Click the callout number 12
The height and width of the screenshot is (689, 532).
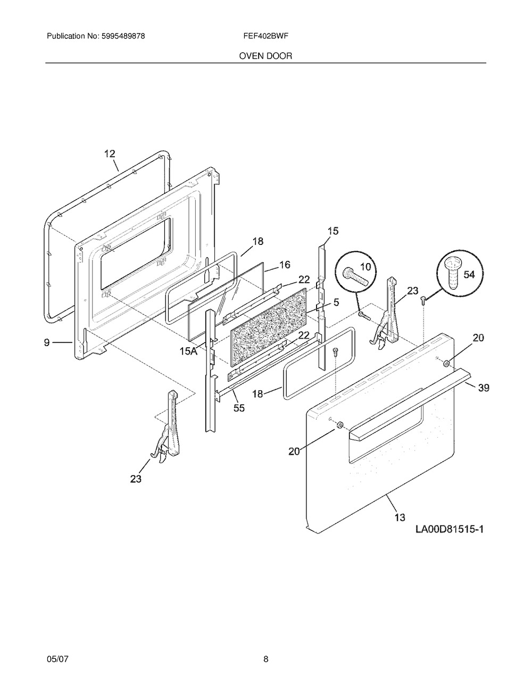[x=109, y=154]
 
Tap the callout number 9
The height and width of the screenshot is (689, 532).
[x=47, y=343]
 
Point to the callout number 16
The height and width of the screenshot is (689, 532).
[x=285, y=265]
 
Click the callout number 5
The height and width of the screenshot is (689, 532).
[x=336, y=301]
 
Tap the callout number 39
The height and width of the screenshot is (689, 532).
[x=483, y=388]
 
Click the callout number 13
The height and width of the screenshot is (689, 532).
[x=400, y=516]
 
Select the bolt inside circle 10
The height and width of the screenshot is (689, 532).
[x=355, y=275]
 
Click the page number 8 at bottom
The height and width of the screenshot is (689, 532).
[x=265, y=660]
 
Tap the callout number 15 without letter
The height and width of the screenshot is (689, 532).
[x=332, y=231]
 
